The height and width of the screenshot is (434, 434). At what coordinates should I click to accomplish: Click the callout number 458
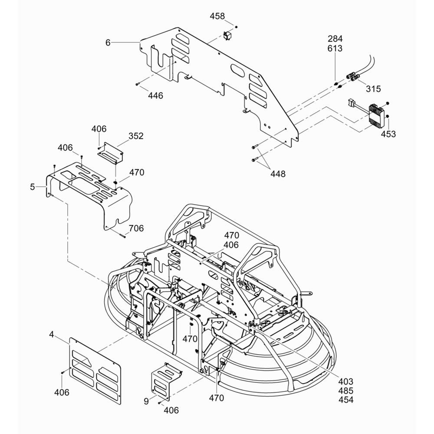[217, 16]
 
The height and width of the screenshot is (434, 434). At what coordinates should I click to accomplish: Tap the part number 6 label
[108, 43]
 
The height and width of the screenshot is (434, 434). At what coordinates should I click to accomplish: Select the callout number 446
[155, 95]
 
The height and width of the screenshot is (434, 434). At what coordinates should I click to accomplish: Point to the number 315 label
[373, 89]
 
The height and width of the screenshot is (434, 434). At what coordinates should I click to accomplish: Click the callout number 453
[388, 134]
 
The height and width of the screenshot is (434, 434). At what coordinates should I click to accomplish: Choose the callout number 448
[278, 174]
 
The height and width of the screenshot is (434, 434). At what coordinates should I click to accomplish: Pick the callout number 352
[135, 136]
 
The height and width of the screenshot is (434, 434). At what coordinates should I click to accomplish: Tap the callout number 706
[136, 229]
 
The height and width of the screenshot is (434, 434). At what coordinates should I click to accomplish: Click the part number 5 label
[33, 187]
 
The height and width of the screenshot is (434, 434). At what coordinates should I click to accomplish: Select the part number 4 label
[52, 335]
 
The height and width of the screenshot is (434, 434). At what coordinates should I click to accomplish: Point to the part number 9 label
[146, 401]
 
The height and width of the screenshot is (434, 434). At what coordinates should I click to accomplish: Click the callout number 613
[335, 49]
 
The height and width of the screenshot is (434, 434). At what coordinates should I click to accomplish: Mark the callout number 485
[346, 391]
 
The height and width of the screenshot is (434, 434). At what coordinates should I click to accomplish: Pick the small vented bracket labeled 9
[165, 381]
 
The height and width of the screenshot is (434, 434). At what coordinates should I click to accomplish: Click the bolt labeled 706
[122, 235]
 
